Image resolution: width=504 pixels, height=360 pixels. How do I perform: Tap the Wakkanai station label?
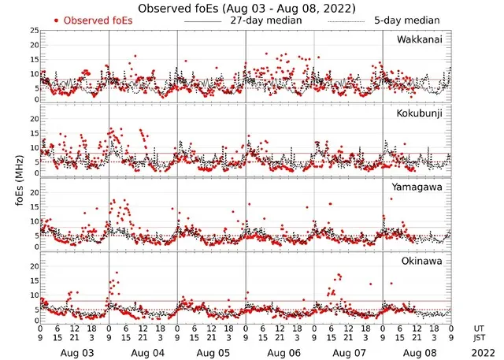tap(419, 39)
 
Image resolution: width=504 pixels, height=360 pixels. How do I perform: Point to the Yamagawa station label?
tap(418, 187)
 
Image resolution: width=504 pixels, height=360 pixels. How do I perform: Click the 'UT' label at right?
tap(480, 327)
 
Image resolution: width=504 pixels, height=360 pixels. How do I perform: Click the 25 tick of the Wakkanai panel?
tap(32, 31)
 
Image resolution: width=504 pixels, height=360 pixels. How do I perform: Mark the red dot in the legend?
tap(57, 20)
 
